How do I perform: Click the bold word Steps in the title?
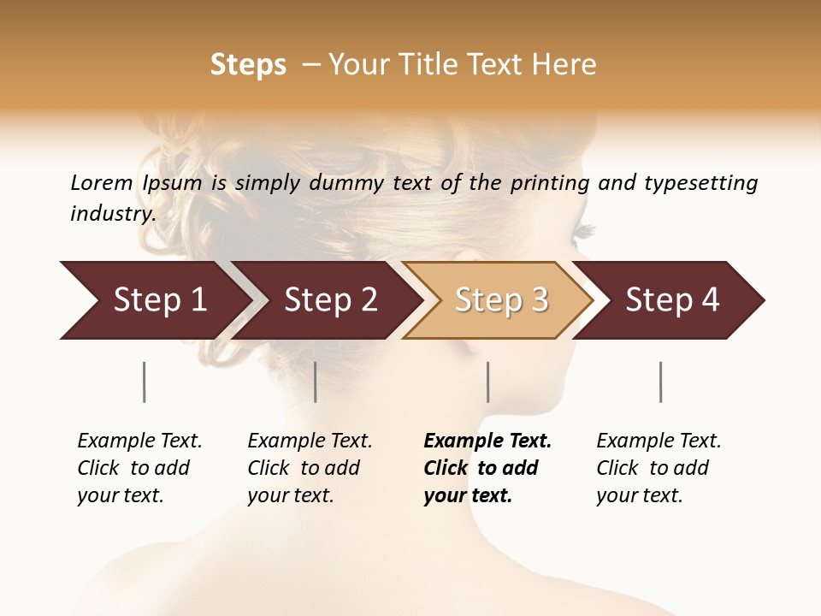248,65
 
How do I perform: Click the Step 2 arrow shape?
329,300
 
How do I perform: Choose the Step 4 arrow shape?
672,300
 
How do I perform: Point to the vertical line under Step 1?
144,382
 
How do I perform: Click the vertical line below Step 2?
316,382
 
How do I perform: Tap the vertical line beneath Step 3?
488,382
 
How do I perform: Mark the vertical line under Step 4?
661,382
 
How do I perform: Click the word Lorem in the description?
102,183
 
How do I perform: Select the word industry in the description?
112,213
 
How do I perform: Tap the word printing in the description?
550,183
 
